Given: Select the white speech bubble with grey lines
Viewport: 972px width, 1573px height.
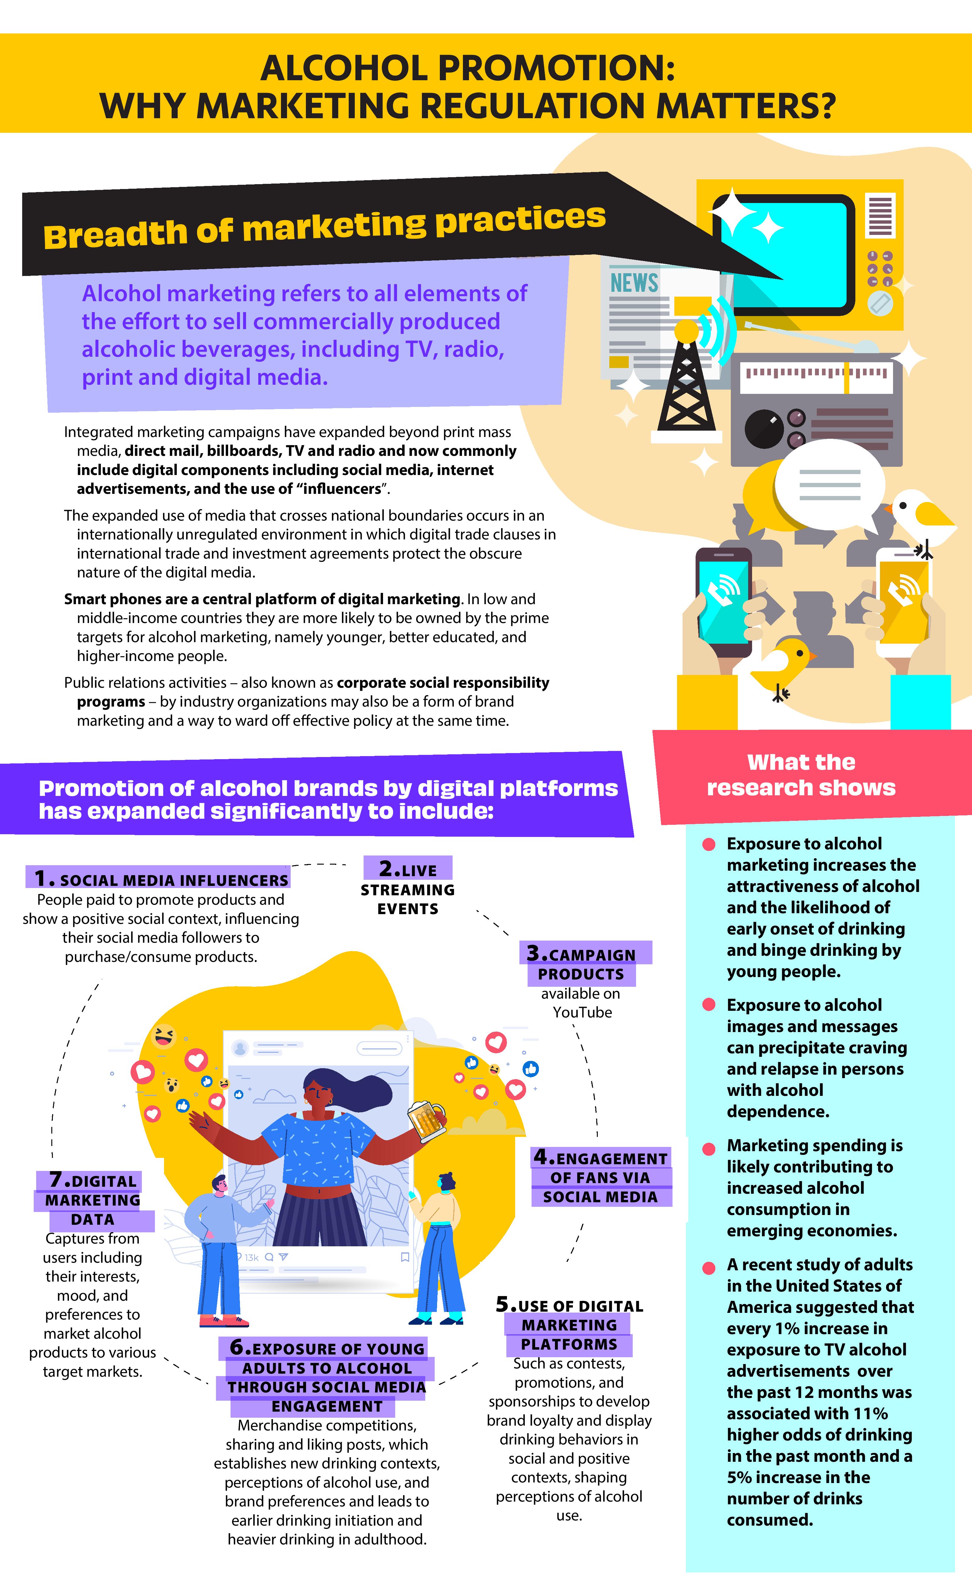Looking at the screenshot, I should coord(829,486).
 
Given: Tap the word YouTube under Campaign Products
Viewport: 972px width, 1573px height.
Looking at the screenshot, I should coord(582,1012).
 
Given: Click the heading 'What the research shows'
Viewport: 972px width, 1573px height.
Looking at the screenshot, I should coord(801,775).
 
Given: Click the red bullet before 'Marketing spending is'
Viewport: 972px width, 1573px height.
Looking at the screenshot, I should coord(709,1148).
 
